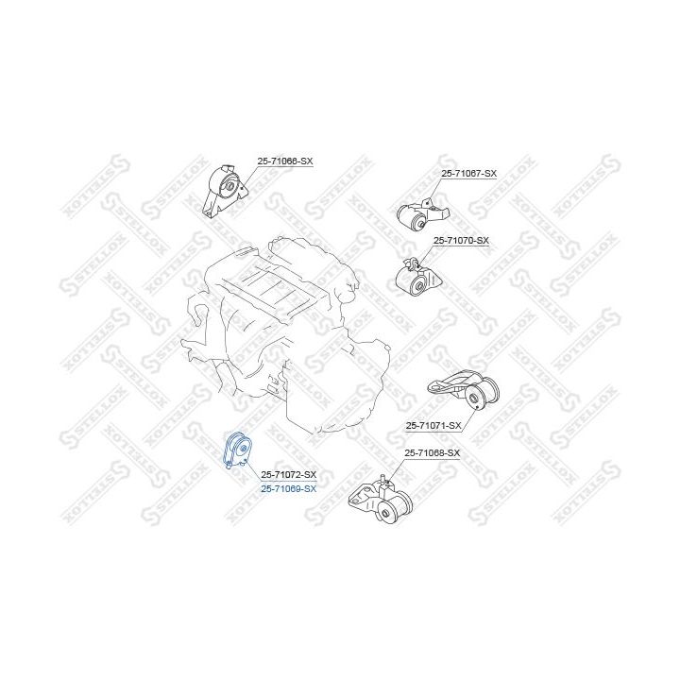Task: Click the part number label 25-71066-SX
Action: (285, 161)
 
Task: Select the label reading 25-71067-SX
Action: (468, 173)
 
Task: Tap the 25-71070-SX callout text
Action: (461, 240)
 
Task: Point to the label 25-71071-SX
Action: (433, 425)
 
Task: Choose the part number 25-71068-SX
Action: (432, 452)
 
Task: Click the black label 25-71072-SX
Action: (288, 474)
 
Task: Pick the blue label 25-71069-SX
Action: (288, 489)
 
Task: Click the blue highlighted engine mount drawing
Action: (237, 450)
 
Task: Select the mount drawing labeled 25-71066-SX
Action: (225, 191)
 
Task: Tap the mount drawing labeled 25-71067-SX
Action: (422, 214)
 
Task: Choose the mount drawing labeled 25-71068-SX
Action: (381, 500)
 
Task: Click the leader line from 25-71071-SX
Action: (468, 418)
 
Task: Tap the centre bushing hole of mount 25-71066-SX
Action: (229, 187)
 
